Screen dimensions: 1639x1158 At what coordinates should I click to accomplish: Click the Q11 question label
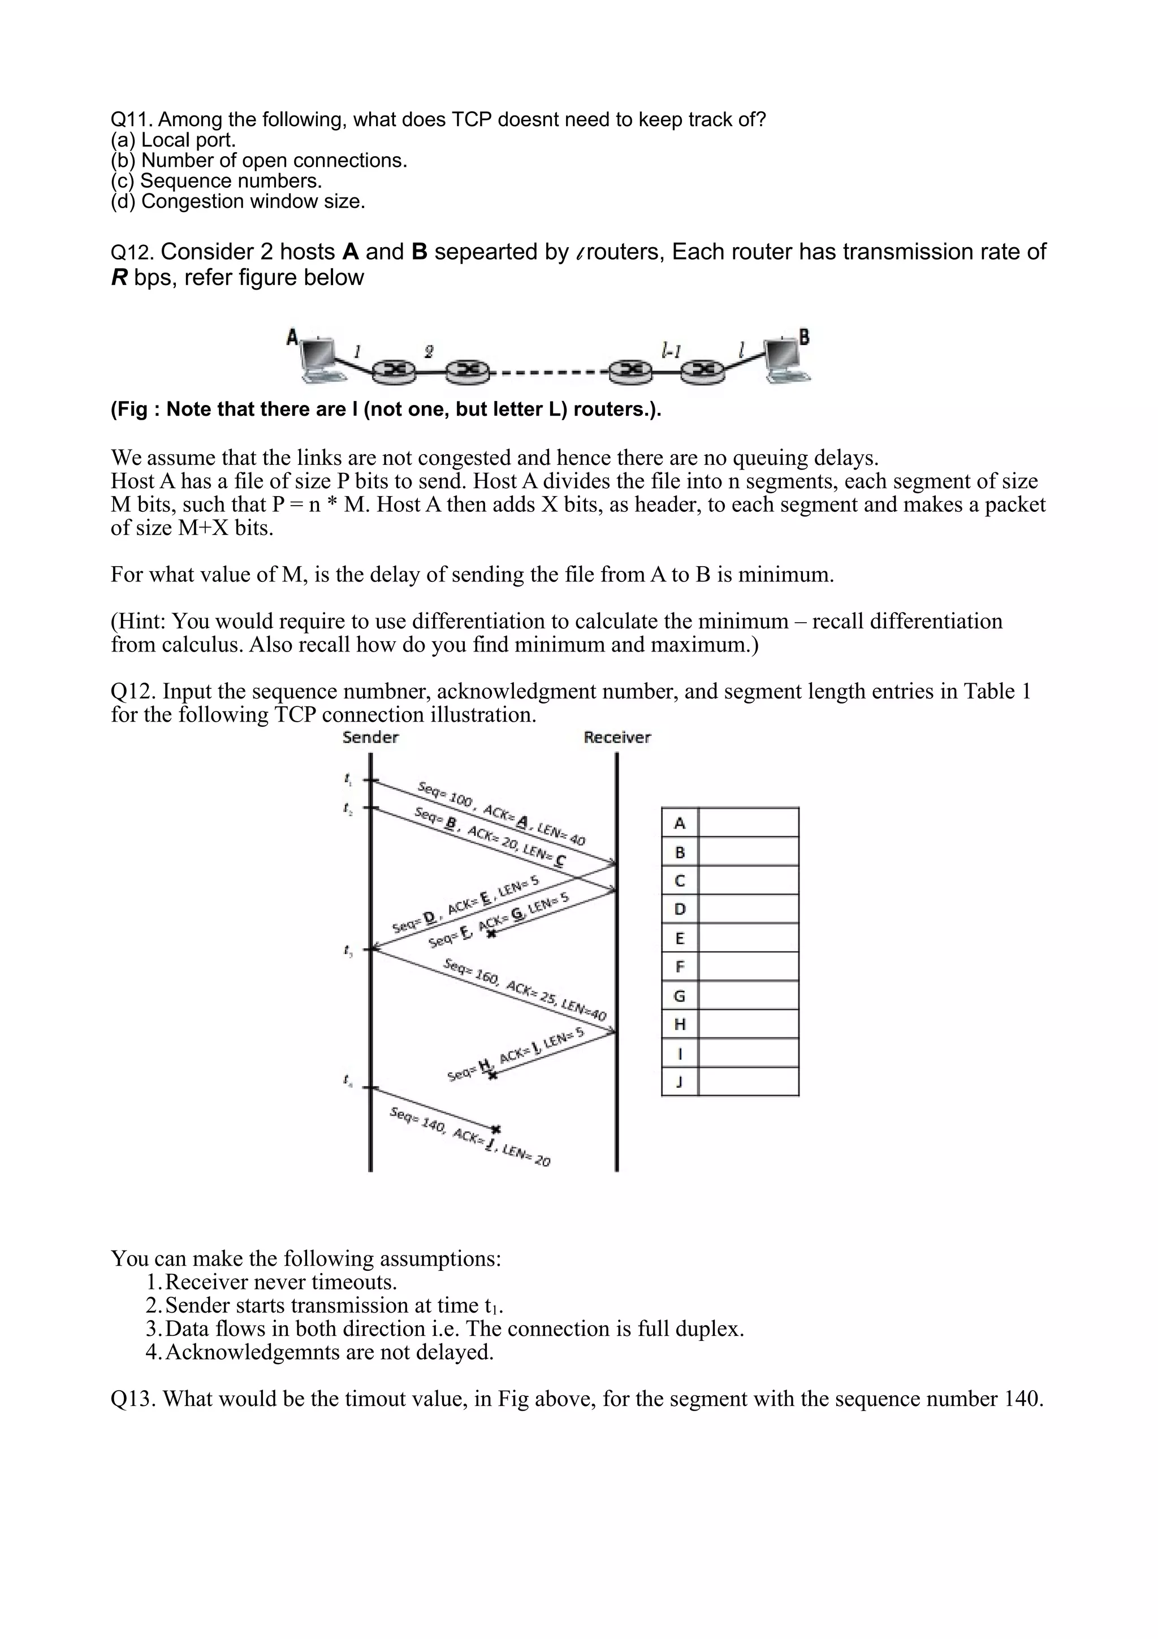coord(130,119)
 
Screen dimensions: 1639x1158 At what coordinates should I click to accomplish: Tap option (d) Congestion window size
coord(237,202)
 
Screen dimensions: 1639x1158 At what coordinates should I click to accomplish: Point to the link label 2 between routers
coord(428,351)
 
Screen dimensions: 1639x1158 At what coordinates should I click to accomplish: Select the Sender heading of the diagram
coord(370,737)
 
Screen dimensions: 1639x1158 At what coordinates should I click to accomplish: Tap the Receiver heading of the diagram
coord(616,737)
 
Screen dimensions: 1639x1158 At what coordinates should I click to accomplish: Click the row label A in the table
coord(679,823)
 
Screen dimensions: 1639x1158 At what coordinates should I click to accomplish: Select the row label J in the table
coord(679,1082)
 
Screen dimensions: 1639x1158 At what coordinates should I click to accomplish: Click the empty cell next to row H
coord(747,1024)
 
